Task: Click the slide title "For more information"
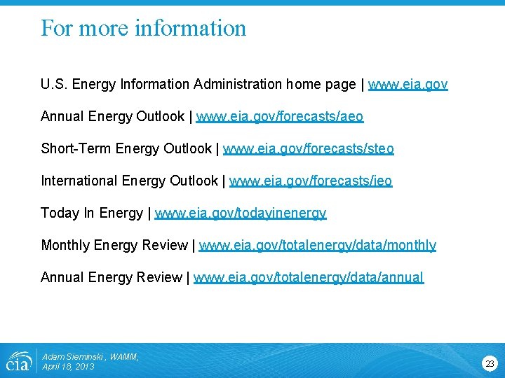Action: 144,28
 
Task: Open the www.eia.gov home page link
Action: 408,85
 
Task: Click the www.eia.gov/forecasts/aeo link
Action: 280,117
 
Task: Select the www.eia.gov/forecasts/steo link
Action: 309,149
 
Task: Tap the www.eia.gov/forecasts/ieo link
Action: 311,181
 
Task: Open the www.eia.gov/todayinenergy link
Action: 241,213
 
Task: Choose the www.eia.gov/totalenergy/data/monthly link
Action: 317,246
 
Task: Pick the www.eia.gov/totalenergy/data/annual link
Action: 309,278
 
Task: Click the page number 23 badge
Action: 490,363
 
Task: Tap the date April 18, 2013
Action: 68,367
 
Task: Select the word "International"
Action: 79,181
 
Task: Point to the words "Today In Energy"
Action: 92,213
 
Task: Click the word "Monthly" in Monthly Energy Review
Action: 65,246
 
